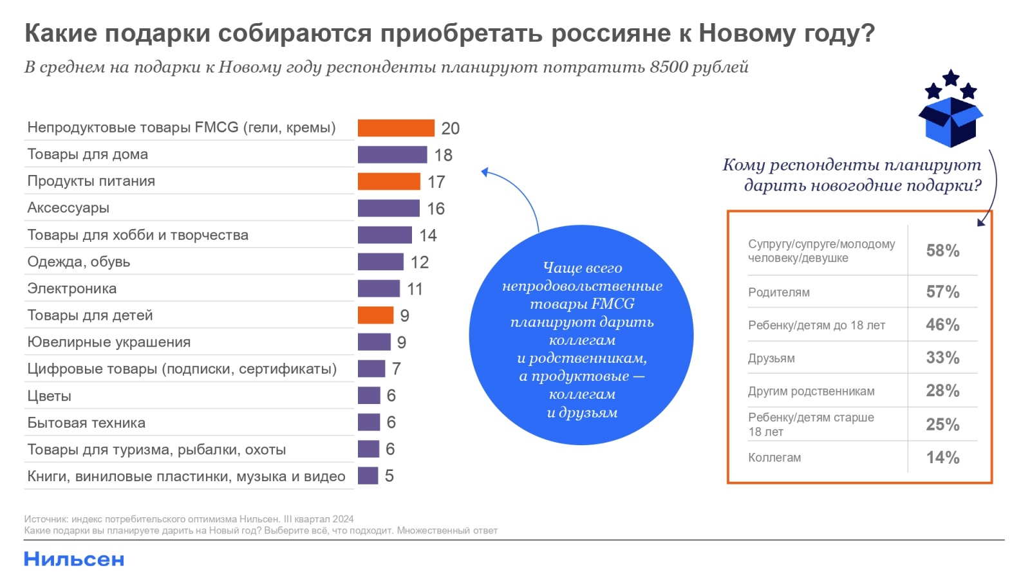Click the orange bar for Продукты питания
click(x=389, y=181)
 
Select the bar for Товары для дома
click(x=392, y=154)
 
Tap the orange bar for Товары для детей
click(x=375, y=315)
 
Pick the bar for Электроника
click(x=379, y=288)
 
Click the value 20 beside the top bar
click(x=451, y=129)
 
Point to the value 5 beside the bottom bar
click(x=389, y=476)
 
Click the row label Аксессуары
click(x=68, y=208)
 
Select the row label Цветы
click(x=49, y=396)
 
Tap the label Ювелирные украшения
click(x=109, y=342)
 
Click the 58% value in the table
click(x=942, y=251)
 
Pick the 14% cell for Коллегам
click(x=942, y=457)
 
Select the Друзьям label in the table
click(x=771, y=358)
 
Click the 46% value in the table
click(x=942, y=325)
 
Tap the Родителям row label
click(x=779, y=293)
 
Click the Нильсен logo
click(x=74, y=559)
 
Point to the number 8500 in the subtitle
click(x=669, y=67)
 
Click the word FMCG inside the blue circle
click(x=613, y=304)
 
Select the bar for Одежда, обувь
click(x=380, y=262)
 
